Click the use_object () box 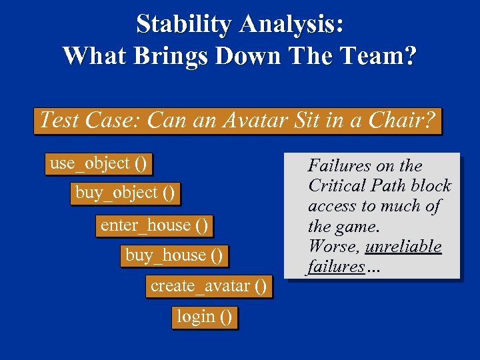[98, 163]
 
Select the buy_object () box [125, 194]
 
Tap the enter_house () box [154, 225]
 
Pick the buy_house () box [174, 255]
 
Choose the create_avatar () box [209, 287]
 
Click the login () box [204, 317]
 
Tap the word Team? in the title [380, 55]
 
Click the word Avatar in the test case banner [255, 121]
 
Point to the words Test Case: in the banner [91, 121]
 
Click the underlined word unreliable [403, 246]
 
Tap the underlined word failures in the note [336, 267]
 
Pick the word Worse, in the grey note [333, 246]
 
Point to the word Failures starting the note [341, 165]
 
